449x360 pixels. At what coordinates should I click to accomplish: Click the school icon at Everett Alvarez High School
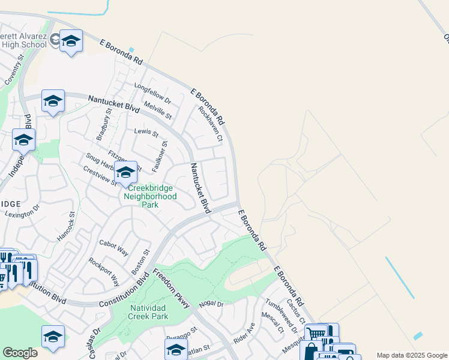coord(71,41)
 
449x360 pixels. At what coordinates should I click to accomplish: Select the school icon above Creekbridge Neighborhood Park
coord(125,173)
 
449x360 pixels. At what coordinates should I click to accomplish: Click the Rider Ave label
coord(244,333)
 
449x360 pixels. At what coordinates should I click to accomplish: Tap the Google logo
coord(20,353)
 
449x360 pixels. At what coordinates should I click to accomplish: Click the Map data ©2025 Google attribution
coord(411,355)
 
